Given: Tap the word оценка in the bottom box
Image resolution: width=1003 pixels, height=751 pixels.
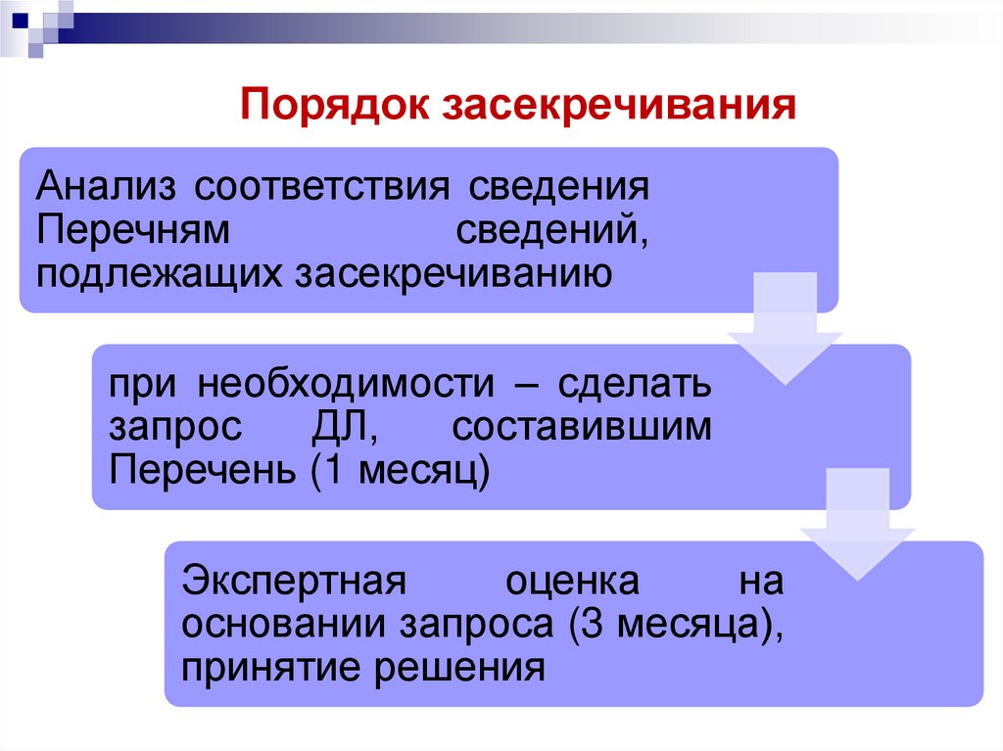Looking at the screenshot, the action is [573, 581].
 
